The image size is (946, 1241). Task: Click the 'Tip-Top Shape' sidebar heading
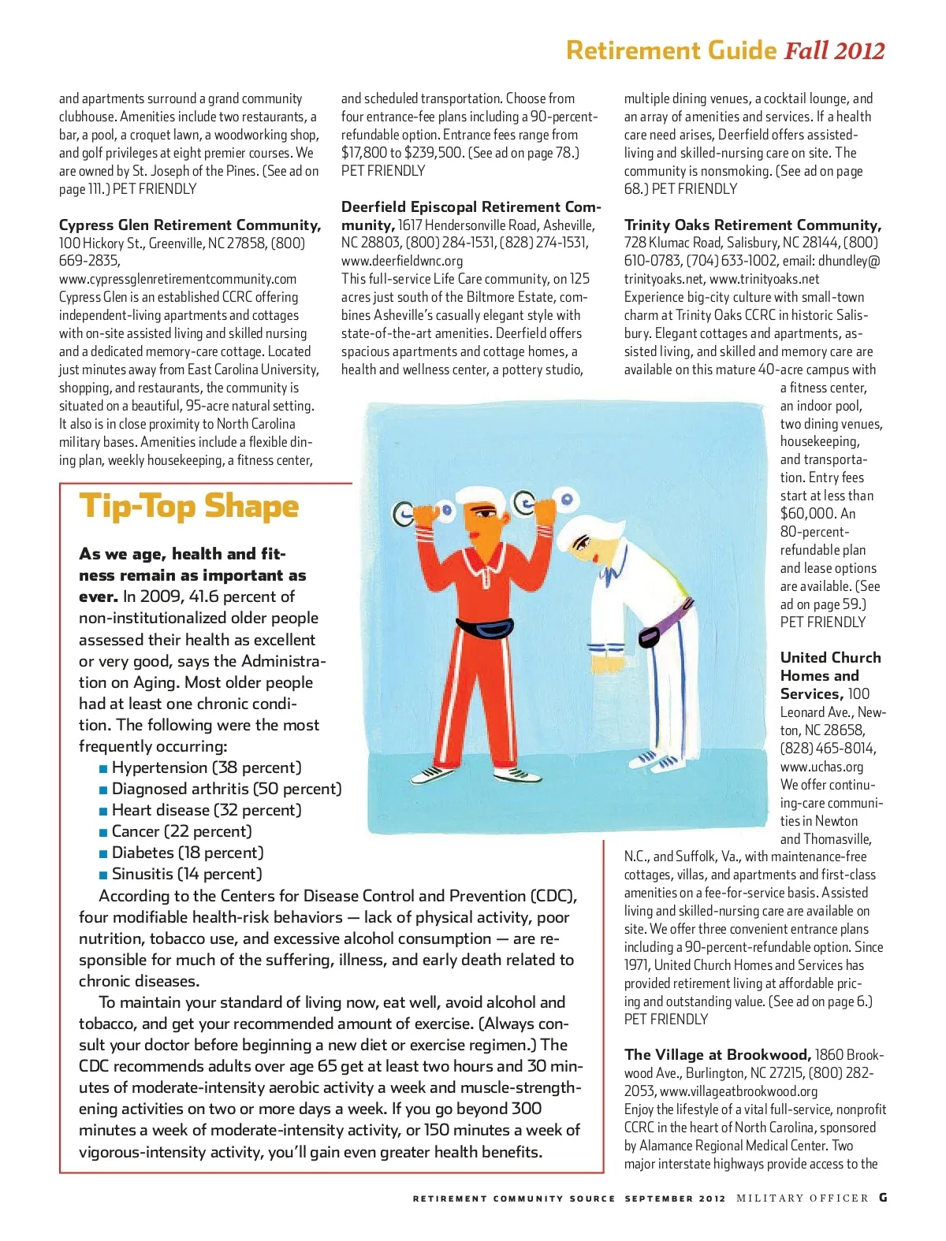[x=189, y=507]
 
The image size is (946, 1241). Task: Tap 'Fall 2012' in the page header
[x=834, y=51]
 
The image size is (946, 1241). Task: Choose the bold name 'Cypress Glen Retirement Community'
[x=189, y=225]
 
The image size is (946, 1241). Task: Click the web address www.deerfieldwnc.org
[x=402, y=261]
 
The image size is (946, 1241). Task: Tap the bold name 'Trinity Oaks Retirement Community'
[x=752, y=225]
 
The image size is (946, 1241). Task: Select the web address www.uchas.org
[x=821, y=767]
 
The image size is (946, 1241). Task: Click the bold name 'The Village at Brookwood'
[x=717, y=1055]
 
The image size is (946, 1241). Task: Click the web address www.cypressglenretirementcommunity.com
[x=178, y=279]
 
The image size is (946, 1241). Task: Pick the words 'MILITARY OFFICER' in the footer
[x=802, y=1198]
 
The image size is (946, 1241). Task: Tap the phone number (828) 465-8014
[x=828, y=749]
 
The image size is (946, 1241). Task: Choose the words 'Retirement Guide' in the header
[x=672, y=51]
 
